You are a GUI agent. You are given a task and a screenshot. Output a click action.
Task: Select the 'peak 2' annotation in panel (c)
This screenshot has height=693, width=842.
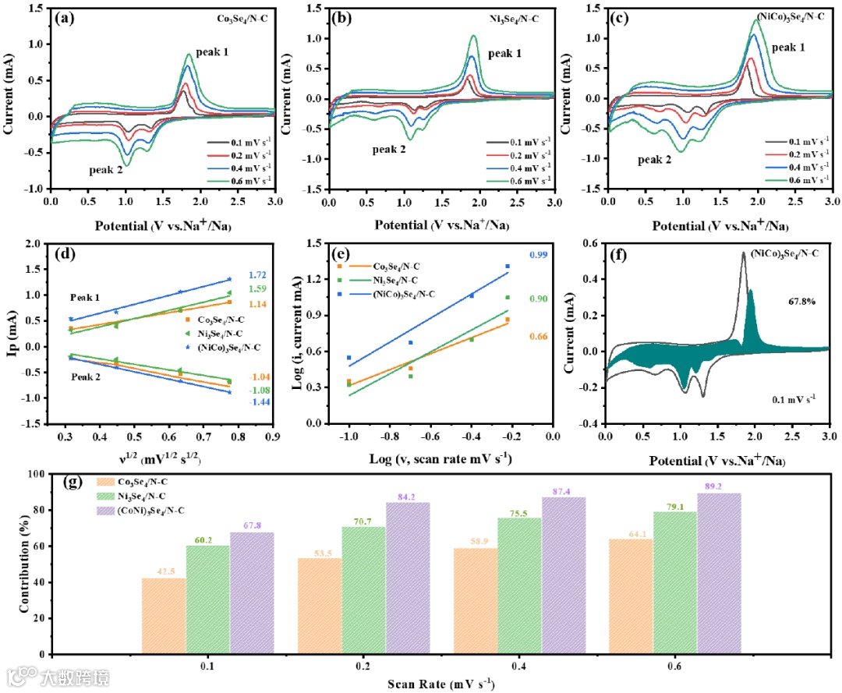pos(654,160)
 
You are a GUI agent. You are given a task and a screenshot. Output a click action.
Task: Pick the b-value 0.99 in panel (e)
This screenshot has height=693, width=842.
pos(539,255)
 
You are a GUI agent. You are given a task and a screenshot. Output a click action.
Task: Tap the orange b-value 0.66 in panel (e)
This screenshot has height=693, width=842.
pos(539,337)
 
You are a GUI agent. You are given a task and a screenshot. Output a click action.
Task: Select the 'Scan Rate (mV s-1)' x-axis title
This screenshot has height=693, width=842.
pos(440,684)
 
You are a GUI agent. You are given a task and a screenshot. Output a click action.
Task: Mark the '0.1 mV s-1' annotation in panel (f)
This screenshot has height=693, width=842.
pos(785,398)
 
